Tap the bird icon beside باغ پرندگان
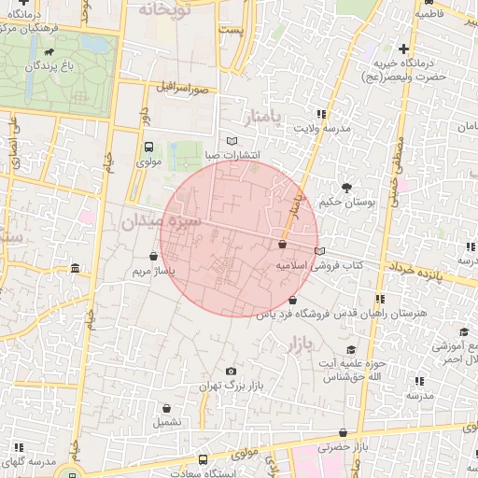tap(49, 54)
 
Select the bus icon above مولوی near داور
tap(148, 147)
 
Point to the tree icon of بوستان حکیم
tap(348, 188)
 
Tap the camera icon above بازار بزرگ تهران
tap(231, 372)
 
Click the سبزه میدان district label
tap(161, 222)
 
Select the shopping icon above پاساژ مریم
tap(153, 256)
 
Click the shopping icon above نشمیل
tap(166, 408)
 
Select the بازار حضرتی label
tap(344, 447)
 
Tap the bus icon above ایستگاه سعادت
tap(204, 458)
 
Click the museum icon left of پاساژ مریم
tap(75, 270)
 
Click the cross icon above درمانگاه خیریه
tap(403, 49)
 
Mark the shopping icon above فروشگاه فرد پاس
tap(293, 300)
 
